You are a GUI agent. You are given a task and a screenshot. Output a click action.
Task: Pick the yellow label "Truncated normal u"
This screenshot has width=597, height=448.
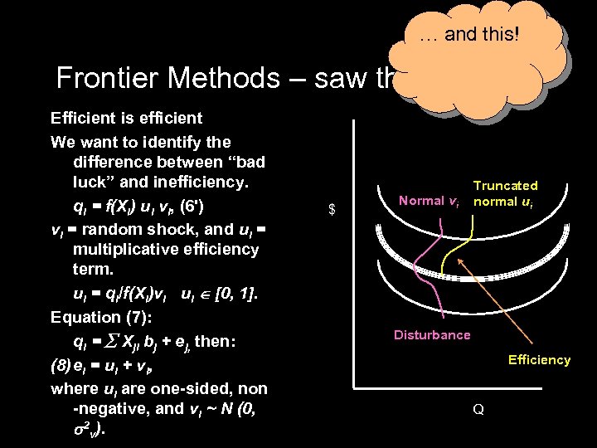tap(505, 193)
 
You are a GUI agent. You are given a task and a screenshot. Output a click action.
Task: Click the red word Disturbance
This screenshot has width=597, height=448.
tap(432, 335)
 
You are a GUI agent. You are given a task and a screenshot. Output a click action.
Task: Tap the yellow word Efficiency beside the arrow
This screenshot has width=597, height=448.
tap(539, 359)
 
